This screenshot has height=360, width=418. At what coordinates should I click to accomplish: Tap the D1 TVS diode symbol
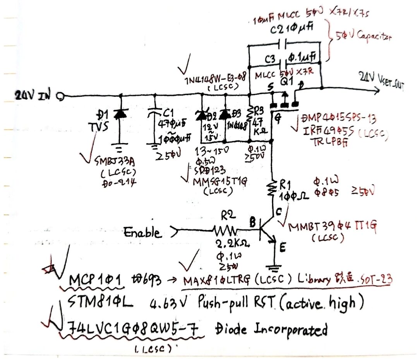(x=120, y=114)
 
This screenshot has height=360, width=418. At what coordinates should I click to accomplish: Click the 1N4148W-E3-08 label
(x=211, y=80)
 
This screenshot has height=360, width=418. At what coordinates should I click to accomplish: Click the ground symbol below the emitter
(x=275, y=267)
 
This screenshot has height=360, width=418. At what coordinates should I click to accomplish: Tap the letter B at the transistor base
(x=252, y=223)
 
